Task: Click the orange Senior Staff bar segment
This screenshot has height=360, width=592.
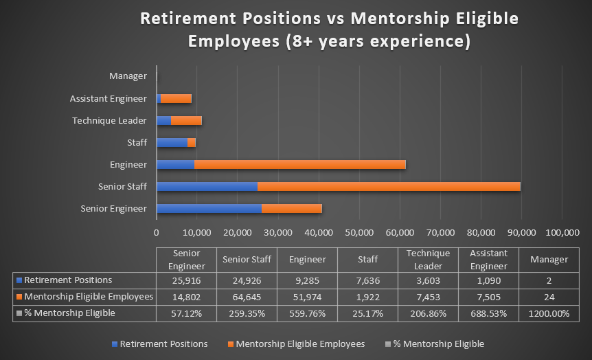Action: (x=389, y=186)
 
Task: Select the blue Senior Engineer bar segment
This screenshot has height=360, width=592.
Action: (x=209, y=208)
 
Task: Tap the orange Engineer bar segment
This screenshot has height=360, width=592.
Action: (x=300, y=164)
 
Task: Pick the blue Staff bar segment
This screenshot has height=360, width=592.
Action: (x=172, y=142)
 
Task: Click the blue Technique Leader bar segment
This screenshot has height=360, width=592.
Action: (x=163, y=120)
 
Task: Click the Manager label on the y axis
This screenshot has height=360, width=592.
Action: (x=128, y=76)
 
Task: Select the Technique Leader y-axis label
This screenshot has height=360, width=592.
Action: (x=109, y=120)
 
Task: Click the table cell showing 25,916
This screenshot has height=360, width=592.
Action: (x=187, y=280)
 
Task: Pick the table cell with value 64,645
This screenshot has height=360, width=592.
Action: (x=247, y=296)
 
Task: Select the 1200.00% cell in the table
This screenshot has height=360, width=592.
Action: (x=549, y=313)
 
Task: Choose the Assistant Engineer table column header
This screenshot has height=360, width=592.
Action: (x=489, y=260)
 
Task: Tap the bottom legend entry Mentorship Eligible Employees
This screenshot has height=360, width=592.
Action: (x=300, y=344)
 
